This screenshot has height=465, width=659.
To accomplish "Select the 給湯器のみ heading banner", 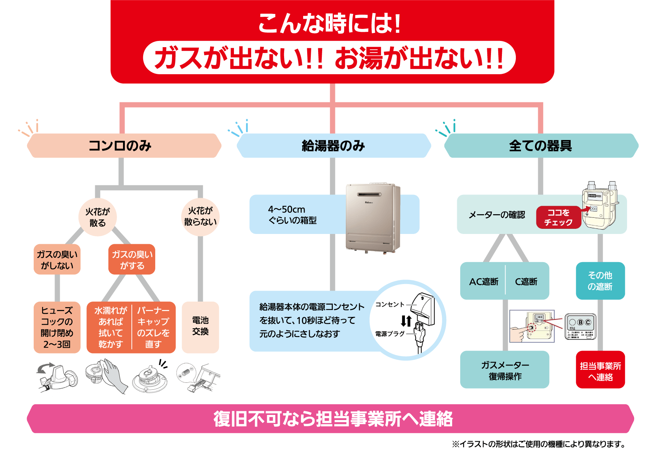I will (334, 145).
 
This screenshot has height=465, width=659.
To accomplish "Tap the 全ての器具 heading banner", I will (541, 145).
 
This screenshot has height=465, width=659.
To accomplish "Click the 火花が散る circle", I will (97, 217).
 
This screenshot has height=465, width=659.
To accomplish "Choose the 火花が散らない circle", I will (200, 216).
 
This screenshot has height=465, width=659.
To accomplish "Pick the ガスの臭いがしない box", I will (57, 260).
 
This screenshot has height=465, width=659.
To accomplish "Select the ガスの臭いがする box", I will (132, 260).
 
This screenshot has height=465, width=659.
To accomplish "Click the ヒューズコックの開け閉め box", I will (57, 327).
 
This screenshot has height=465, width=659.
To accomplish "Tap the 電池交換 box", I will (200, 326).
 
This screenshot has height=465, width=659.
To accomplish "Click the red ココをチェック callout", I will (558, 218).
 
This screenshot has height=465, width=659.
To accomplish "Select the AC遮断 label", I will (484, 281).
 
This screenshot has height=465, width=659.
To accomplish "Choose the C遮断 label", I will (526, 281).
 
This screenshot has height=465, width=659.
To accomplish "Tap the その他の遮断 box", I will (600, 281).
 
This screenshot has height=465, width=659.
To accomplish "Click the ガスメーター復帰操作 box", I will (505, 370).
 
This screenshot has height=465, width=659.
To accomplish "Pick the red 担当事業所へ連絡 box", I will (600, 371).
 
